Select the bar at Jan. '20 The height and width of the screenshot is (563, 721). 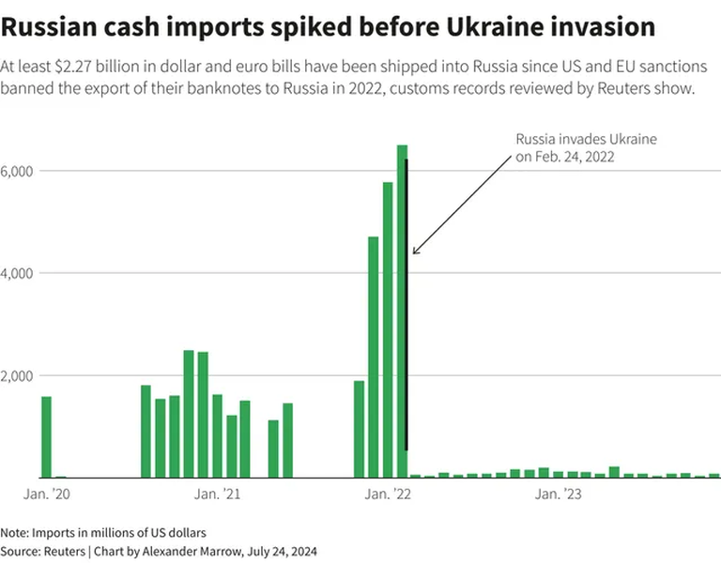click(x=47, y=437)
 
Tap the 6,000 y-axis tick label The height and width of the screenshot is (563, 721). click(x=18, y=171)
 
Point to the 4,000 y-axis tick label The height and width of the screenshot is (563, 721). click(x=18, y=273)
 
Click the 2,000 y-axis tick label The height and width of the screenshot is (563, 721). click(x=18, y=375)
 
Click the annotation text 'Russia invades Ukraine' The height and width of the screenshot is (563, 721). click(x=586, y=139)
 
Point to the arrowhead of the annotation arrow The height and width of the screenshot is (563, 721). click(x=414, y=252)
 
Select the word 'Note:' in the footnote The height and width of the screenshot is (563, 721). click(x=15, y=532)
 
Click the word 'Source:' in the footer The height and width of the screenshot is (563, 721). click(x=21, y=551)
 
